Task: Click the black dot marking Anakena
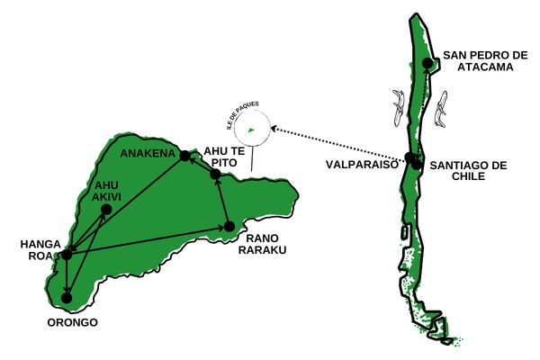pos(184,156)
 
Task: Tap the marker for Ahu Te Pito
pos(216,174)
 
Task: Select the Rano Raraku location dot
pos(229,226)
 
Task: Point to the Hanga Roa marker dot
pos(66,255)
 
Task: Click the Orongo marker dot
pos(67,297)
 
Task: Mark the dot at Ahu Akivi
pos(106,209)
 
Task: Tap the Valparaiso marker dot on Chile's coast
pos(410,158)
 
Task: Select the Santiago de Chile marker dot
pos(418,166)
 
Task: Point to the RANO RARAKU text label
pos(261,244)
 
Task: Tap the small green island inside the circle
pos(251,130)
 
